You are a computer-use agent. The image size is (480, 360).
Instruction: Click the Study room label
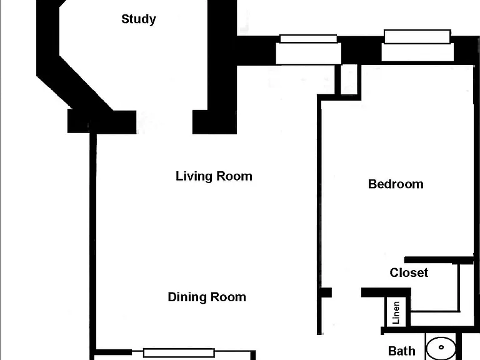[x=139, y=19]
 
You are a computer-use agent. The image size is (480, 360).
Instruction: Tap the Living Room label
[x=214, y=176]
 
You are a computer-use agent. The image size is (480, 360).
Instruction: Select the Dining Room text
[x=207, y=297]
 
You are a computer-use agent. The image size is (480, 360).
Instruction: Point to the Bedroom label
[x=396, y=184]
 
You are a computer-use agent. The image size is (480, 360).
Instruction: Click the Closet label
[x=409, y=272]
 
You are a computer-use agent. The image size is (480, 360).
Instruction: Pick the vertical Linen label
[x=396, y=312]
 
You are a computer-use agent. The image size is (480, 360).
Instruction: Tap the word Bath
[x=402, y=351]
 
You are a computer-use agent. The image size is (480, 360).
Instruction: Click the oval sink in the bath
[x=441, y=348]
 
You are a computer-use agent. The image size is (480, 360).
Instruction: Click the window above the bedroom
[x=417, y=45]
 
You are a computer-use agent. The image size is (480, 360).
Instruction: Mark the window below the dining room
[x=179, y=353]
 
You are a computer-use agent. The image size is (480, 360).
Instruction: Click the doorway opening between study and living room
[x=164, y=122]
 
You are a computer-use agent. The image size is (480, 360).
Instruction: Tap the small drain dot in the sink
[x=441, y=347]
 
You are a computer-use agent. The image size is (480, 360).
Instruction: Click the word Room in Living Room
[x=234, y=176]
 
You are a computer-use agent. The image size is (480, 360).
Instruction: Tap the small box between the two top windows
[x=349, y=79]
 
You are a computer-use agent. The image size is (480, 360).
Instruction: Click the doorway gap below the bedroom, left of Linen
[x=346, y=292]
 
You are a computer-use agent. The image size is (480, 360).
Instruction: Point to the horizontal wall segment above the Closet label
[x=439, y=260]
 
